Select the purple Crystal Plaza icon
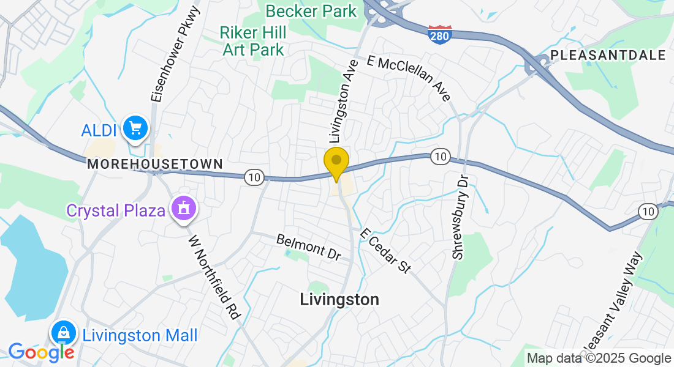click(183, 210)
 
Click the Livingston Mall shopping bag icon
click(63, 333)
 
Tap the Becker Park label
click(311, 11)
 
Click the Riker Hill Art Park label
click(253, 40)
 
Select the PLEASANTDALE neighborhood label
click(608, 55)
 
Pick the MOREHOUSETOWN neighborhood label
click(154, 164)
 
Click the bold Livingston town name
click(339, 299)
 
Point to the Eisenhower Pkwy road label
click(176, 54)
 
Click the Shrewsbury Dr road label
click(460, 217)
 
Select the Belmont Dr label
click(308, 247)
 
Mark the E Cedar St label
click(385, 251)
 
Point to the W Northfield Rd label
click(213, 276)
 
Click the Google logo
click(41, 352)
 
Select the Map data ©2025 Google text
click(599, 358)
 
